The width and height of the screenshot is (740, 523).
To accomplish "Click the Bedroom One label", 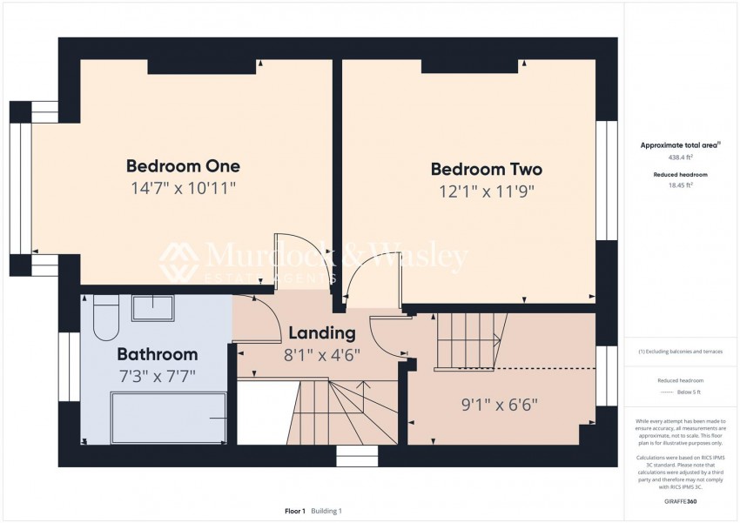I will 183,165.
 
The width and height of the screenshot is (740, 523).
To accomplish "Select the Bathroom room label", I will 157,354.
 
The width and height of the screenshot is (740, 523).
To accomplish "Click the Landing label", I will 321,332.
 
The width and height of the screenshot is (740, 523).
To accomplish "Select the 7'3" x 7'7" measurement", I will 157,376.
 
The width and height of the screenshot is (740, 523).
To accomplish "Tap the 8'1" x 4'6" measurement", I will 321,354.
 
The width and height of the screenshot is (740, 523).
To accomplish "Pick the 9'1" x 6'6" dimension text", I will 499,404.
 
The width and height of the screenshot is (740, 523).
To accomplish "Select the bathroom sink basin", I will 152,308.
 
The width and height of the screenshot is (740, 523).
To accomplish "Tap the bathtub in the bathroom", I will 168,419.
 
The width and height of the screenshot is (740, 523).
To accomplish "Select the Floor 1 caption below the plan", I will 294,511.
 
